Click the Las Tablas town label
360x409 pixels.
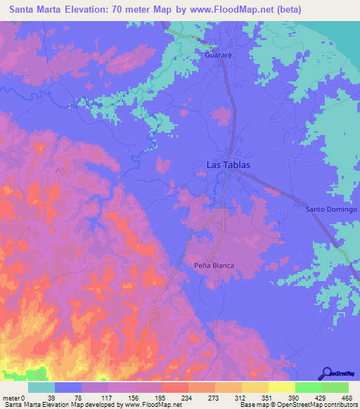pyautogui.click(x=228, y=165)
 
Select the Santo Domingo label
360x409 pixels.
pyautogui.click(x=332, y=209)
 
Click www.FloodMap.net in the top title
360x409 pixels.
pyautogui.click(x=230, y=10)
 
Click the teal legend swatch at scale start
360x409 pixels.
pyautogui.click(x=41, y=387)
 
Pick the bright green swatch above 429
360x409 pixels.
pyautogui.click(x=308, y=387)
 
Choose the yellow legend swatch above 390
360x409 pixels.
pyautogui.click(x=281, y=387)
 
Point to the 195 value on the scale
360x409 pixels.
pyautogui.click(x=148, y=398)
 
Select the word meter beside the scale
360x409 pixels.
pyautogui.click(x=10, y=398)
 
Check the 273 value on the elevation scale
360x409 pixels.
pyautogui.click(x=202, y=398)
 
